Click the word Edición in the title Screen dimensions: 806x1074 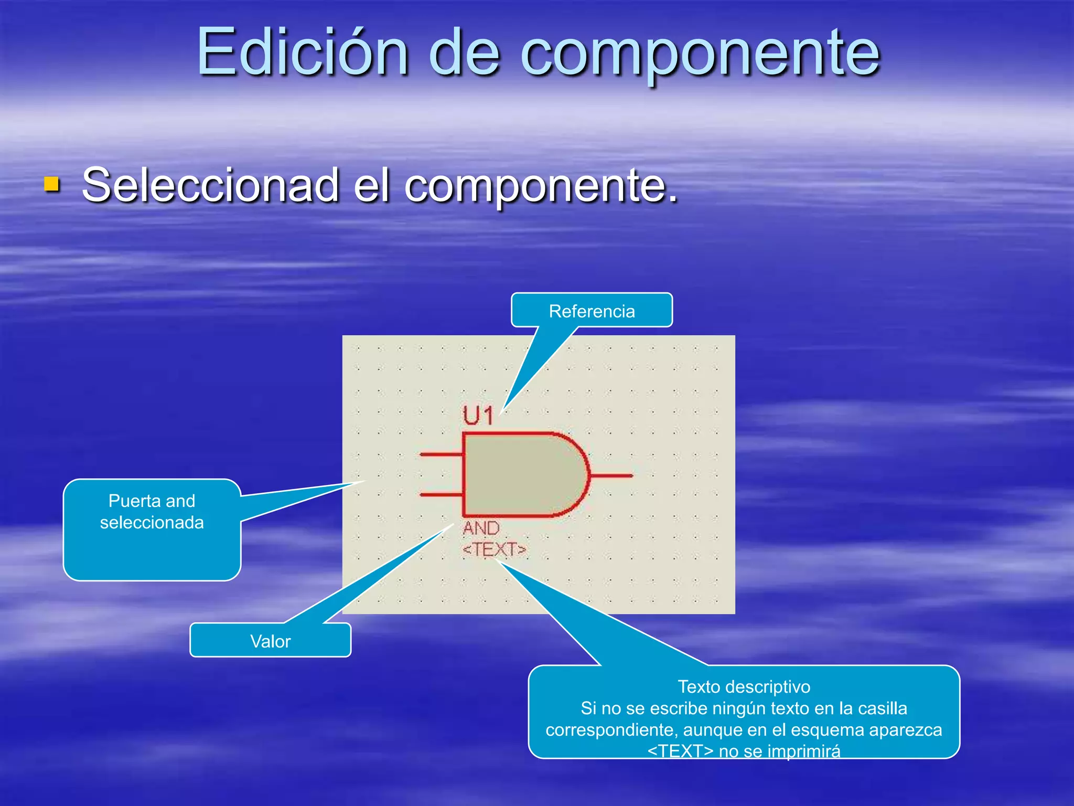pyautogui.click(x=302, y=52)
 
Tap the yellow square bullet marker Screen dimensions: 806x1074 pyautogui.click(x=51, y=184)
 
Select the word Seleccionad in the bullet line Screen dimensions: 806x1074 pyautogui.click(x=210, y=185)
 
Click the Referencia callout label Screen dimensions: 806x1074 pyautogui.click(x=592, y=311)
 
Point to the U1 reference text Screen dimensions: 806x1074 pyautogui.click(x=478, y=416)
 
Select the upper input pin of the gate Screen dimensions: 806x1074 pyautogui.click(x=441, y=454)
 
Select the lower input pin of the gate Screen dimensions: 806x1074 pyautogui.click(x=441, y=494)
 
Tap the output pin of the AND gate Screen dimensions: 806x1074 pyautogui.click(x=611, y=476)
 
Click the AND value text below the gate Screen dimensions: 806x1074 pyautogui.click(x=481, y=528)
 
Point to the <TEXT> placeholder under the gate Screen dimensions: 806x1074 pyautogui.click(x=494, y=549)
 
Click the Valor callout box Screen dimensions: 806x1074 pyautogui.click(x=270, y=641)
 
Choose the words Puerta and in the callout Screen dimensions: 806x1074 pyautogui.click(x=152, y=501)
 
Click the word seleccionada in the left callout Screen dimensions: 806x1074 pyautogui.click(x=152, y=523)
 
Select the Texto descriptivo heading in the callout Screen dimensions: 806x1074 pyautogui.click(x=744, y=686)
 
